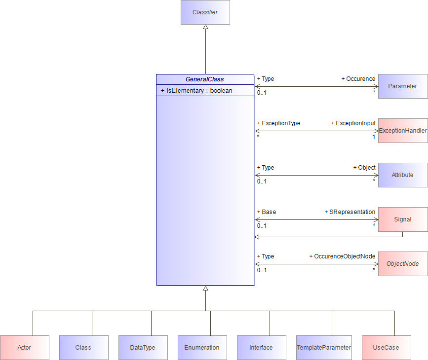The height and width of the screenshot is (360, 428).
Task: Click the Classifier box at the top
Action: pyautogui.click(x=205, y=12)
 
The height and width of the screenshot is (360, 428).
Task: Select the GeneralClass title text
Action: pyautogui.click(x=205, y=79)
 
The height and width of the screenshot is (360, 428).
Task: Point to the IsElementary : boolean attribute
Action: pyautogui.click(x=196, y=91)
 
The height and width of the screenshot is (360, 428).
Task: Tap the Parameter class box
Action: pyautogui.click(x=403, y=86)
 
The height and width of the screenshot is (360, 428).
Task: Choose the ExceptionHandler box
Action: pyautogui.click(x=403, y=131)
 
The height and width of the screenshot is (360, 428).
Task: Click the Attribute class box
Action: pyautogui.click(x=403, y=175)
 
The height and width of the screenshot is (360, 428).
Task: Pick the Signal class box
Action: pyautogui.click(x=403, y=219)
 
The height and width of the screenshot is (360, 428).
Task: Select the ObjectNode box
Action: pyautogui.click(x=403, y=264)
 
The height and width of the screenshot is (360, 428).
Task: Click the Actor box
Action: pyautogui.click(x=25, y=348)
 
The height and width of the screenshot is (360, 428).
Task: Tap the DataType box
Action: pyautogui.click(x=143, y=348)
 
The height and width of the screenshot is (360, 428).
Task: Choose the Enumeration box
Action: pyautogui.click(x=202, y=348)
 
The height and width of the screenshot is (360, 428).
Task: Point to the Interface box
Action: pyautogui.click(x=262, y=348)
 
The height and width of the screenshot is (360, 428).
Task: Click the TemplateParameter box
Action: pyautogui.click(x=324, y=348)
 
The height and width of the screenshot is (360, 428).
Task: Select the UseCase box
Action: pyautogui.click(x=387, y=348)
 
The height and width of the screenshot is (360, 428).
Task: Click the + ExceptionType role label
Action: pyautogui.click(x=279, y=123)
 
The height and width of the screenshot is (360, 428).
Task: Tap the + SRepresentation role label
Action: pyautogui.click(x=350, y=212)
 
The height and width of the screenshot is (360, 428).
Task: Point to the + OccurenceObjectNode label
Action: pyautogui.click(x=342, y=256)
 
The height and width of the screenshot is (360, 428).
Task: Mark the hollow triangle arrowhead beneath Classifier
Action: pyautogui.click(x=205, y=27)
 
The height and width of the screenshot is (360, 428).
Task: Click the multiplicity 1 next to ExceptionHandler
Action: pyautogui.click(x=374, y=137)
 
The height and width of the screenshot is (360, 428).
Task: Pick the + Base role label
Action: pyautogui.click(x=267, y=212)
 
